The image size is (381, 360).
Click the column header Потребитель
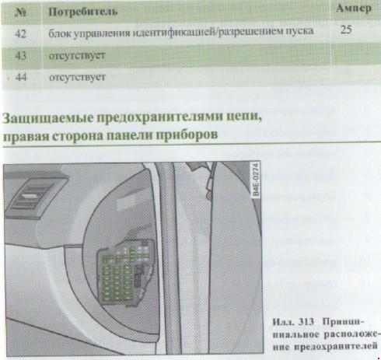[83, 12]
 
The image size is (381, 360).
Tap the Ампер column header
[354, 9]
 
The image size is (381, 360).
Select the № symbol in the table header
[21, 12]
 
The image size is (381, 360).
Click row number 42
[21, 33]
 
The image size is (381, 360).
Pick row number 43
[21, 55]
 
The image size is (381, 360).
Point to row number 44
[21, 77]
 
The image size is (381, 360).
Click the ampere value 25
[346, 30]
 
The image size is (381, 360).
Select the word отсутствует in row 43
[77, 56]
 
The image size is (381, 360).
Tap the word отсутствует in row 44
[77, 77]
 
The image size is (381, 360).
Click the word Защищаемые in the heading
[48, 118]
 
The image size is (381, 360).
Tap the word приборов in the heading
[188, 135]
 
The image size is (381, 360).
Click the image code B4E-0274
[256, 179]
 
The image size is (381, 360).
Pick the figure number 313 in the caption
[306, 322]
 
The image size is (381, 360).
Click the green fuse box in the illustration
[125, 274]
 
